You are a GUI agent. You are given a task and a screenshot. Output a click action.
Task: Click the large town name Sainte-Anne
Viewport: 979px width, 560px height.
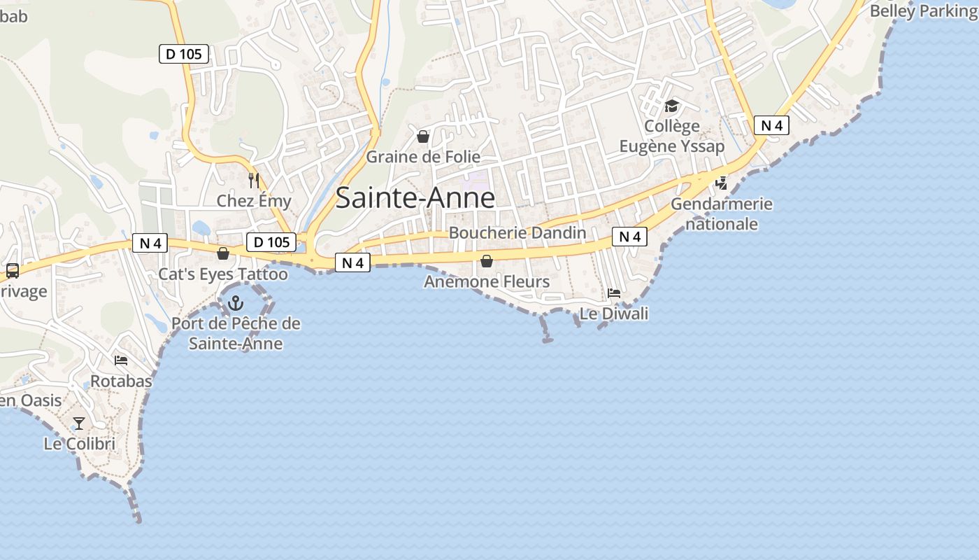(415, 198)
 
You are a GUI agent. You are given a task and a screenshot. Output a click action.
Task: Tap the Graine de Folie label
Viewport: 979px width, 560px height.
(423, 157)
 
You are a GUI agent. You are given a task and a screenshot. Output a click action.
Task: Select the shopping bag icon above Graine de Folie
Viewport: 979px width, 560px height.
(423, 136)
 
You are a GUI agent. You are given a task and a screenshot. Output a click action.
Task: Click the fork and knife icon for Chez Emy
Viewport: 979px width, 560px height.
(254, 181)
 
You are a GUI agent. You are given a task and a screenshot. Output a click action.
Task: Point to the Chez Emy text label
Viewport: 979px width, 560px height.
(254, 201)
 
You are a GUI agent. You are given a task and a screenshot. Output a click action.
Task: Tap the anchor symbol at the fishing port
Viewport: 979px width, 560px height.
(236, 303)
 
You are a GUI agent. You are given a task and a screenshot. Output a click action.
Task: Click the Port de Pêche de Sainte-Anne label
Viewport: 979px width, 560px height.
(236, 333)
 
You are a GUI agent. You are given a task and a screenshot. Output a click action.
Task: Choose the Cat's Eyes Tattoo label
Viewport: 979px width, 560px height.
(223, 274)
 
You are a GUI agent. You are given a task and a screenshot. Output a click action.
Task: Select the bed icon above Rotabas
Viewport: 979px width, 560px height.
(121, 360)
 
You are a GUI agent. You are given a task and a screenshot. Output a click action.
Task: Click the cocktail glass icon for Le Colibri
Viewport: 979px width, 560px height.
(79, 423)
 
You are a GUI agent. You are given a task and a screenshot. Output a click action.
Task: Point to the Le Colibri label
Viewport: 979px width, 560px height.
(79, 444)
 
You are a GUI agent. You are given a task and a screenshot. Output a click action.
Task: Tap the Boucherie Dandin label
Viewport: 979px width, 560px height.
(517, 232)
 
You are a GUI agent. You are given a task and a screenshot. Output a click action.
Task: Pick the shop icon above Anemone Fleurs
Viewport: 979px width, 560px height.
(487, 261)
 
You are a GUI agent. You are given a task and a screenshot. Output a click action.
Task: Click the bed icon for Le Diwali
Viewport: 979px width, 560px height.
(614, 293)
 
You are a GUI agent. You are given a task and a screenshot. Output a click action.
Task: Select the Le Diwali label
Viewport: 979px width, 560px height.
(614, 314)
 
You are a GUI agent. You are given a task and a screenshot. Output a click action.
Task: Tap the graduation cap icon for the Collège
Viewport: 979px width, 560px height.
(671, 106)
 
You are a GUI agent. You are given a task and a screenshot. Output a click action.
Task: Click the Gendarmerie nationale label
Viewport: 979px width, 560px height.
(722, 213)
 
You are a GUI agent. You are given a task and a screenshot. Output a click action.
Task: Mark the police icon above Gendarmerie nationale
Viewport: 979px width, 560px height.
(721, 183)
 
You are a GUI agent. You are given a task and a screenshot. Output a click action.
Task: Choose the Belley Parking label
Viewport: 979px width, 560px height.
(924, 10)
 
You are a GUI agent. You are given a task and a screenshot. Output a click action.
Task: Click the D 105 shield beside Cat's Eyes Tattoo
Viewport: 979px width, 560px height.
(271, 242)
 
